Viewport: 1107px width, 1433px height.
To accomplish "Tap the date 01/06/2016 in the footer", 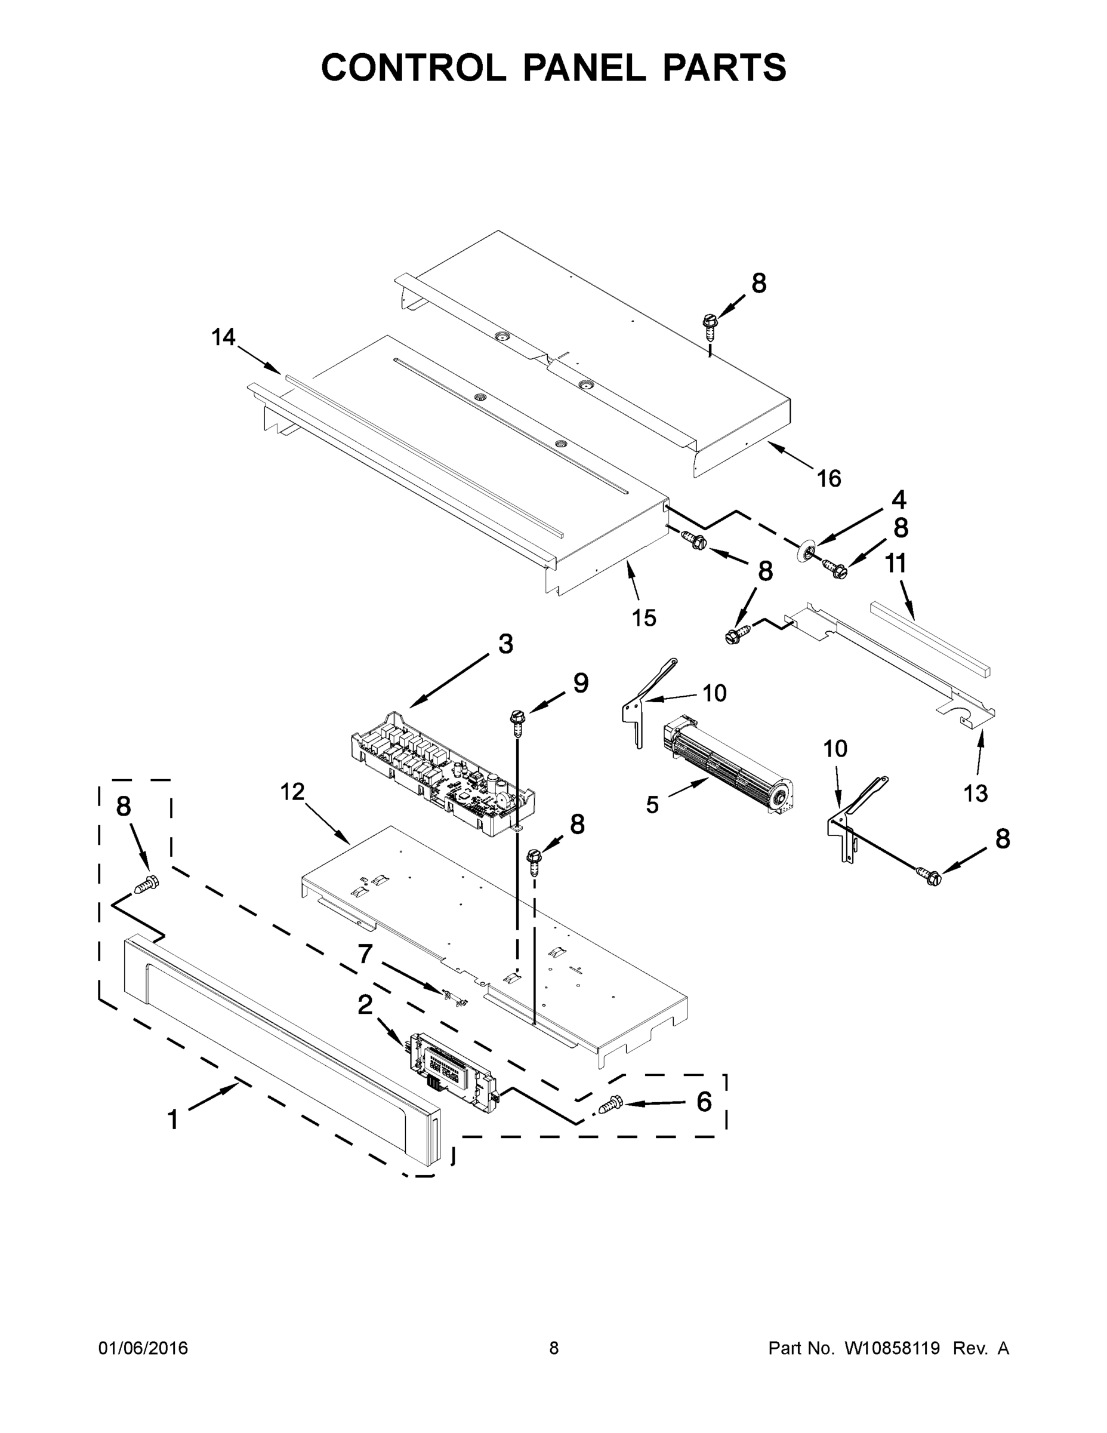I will [143, 1348].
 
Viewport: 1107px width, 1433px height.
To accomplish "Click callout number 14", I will [223, 337].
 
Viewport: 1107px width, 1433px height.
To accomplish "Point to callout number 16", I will [828, 478].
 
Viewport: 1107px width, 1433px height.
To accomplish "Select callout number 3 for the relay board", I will [505, 644].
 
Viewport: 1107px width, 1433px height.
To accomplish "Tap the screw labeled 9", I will [517, 719].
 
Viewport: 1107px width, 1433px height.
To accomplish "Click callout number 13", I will [975, 794].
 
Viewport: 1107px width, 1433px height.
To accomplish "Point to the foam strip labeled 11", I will [930, 637].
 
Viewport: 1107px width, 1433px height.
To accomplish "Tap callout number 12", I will [292, 792].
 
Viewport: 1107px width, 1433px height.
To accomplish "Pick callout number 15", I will [643, 617].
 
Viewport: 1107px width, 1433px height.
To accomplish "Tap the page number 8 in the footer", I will [554, 1348].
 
